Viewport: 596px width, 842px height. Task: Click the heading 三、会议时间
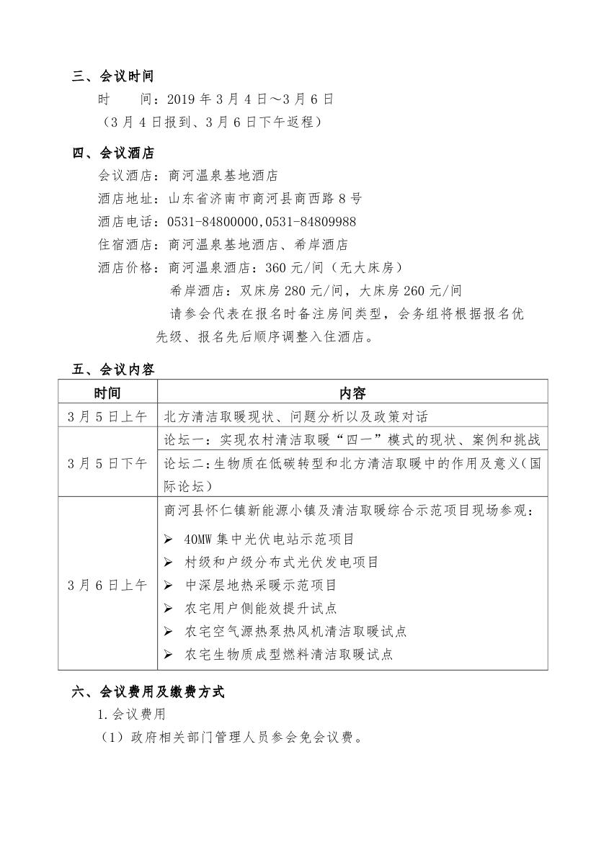point(113,76)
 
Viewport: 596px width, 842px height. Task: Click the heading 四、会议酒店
point(113,153)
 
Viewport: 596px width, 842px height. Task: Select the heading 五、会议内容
point(113,370)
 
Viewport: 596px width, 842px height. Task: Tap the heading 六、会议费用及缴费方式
point(148,692)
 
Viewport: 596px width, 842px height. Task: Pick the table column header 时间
point(107,393)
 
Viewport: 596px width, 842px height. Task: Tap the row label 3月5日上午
point(107,416)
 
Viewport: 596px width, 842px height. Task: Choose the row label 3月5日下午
point(107,463)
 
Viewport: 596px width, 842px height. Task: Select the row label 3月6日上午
point(107,585)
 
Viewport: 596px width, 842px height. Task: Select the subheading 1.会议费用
point(132,715)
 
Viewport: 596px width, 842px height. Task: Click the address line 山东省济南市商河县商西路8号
point(264,198)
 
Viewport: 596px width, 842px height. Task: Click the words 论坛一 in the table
point(181,440)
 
